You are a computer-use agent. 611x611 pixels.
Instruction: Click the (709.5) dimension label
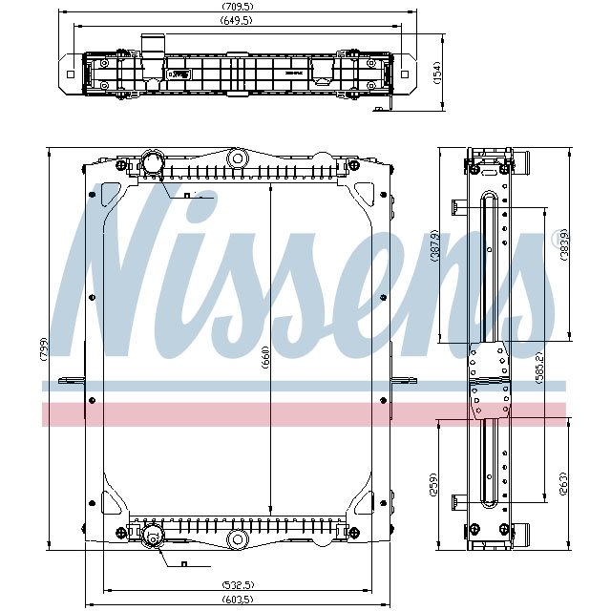pos(235,8)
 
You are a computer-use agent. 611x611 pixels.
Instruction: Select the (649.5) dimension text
pos(235,20)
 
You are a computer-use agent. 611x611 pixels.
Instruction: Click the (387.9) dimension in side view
pos(436,245)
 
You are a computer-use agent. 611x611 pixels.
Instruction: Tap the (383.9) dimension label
pos(564,245)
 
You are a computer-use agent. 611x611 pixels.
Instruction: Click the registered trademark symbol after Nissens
pos(558,239)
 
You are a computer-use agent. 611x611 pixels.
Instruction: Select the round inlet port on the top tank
pos(153,162)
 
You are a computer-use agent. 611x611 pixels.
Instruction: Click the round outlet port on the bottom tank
pos(153,543)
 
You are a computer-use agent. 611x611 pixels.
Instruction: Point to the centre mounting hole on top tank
pos(238,158)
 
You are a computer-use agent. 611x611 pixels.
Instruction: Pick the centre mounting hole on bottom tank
pos(236,541)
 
